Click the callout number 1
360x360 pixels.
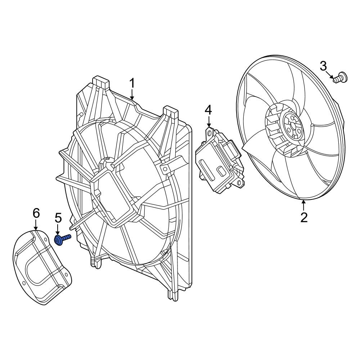(x=132, y=84)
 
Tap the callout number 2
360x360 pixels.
(x=304, y=217)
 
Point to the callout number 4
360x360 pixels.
(x=208, y=111)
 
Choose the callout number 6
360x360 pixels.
(x=36, y=213)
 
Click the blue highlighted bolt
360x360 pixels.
(x=62, y=240)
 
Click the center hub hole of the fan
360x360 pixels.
(x=293, y=126)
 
